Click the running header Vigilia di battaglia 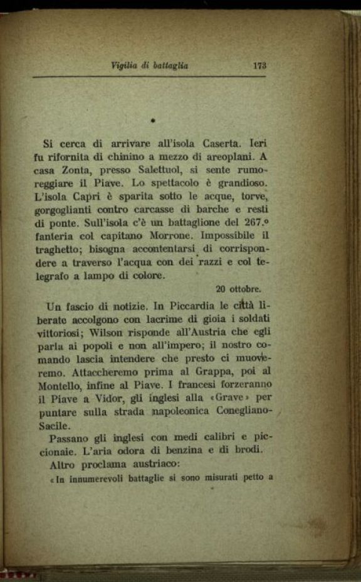[x=149, y=65]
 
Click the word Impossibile [x=231, y=237]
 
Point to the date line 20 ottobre [x=238, y=289]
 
